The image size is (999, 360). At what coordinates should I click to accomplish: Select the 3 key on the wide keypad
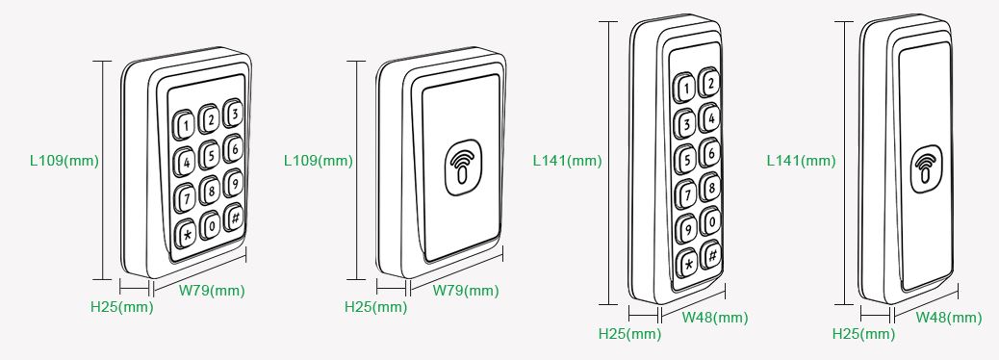point(234,114)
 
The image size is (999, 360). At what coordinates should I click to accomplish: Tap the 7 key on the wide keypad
point(186,197)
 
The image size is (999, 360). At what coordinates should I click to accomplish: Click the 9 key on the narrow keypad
point(686,228)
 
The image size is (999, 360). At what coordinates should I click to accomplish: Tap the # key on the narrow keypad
point(711,254)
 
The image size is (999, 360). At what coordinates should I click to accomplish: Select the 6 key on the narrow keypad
point(709,153)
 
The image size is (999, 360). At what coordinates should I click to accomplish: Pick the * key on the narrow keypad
point(687,263)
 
